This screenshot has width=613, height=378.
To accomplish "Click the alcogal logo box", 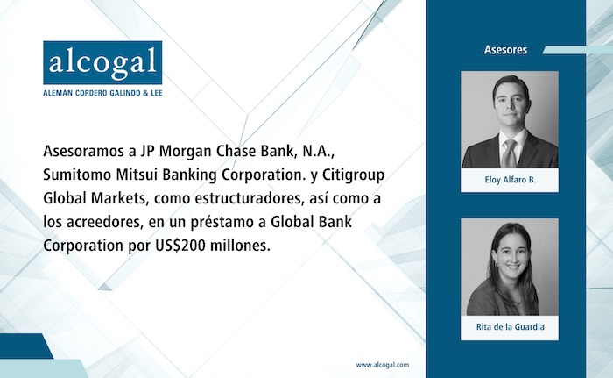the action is click(102, 62).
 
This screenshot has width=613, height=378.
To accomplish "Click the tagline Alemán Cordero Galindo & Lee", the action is click(102, 93).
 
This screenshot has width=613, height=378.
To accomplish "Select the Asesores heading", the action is click(505, 50).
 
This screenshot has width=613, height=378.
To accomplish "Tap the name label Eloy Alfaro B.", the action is click(511, 180).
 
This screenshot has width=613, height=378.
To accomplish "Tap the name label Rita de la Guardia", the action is click(511, 326).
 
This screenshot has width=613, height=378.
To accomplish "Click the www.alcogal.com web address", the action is click(383, 365).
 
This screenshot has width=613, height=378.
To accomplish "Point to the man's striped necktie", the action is click(509, 153).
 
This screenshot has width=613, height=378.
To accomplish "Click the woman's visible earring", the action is click(497, 265).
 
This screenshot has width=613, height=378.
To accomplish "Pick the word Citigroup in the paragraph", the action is click(353, 175).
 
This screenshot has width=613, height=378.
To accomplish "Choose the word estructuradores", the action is click(249, 198).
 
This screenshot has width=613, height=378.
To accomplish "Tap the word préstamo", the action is click(222, 223).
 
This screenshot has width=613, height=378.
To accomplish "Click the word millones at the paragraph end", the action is click(241, 246).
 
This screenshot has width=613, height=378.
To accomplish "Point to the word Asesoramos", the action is click(84, 151).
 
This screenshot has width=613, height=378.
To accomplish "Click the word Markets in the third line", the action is click(119, 198).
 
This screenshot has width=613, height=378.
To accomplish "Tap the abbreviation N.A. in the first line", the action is click(318, 152).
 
